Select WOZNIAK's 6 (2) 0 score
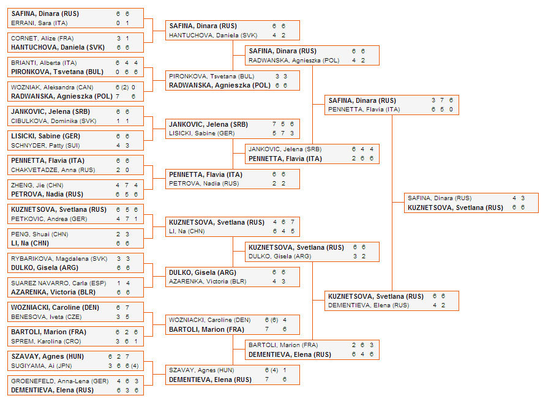click(125, 87)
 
